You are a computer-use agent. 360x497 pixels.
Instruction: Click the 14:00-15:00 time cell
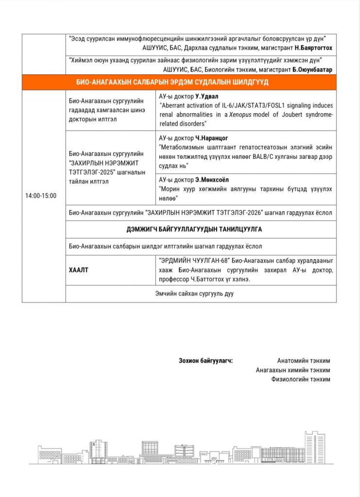(41, 196)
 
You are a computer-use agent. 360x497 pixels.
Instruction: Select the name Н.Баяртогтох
(314, 49)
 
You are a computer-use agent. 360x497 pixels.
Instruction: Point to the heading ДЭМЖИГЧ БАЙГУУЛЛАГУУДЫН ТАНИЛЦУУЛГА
(201, 229)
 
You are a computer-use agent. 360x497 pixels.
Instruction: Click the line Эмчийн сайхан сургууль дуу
(201, 294)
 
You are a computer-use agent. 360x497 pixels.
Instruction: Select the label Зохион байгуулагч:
(206, 361)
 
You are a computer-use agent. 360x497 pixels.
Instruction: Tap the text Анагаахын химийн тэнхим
(293, 370)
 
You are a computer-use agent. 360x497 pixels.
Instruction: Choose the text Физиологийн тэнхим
(301, 379)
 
